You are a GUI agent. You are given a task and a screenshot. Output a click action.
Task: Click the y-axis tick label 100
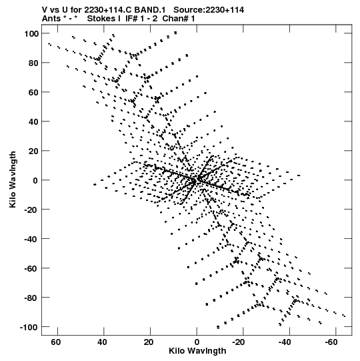coord(31,34)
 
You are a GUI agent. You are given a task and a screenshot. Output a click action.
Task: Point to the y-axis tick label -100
coord(29,327)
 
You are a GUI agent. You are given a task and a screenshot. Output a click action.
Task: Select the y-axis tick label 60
coord(33,93)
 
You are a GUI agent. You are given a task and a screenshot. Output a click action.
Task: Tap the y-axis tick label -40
coord(31,239)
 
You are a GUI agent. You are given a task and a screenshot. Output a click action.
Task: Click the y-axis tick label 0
coord(35,180)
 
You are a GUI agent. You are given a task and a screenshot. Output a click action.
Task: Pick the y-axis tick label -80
coord(31,298)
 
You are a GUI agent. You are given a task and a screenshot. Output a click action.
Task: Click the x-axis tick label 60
coord(56,342)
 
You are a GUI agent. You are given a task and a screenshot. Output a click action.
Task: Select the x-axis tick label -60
coord(331,342)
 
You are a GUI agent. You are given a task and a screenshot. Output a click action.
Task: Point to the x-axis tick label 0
coord(197,342)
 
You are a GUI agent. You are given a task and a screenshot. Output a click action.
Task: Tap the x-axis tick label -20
coord(239,342)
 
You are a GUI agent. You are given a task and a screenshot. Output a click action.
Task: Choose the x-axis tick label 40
coord(102,342)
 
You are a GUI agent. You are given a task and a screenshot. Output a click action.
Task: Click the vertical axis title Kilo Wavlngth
coord(13,179)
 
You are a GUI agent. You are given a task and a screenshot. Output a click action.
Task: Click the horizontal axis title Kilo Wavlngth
coord(197,351)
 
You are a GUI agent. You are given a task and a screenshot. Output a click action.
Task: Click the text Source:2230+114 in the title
coord(209,10)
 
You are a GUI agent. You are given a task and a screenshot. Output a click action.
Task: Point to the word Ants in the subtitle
coord(51,19)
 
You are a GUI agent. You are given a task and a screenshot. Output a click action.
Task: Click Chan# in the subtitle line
coord(175,19)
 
